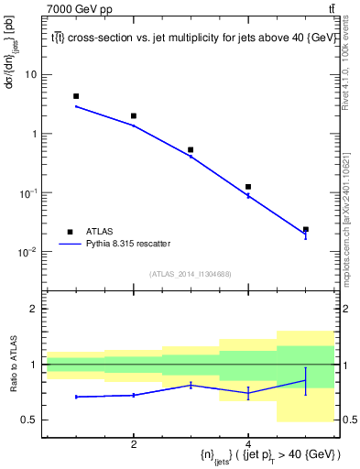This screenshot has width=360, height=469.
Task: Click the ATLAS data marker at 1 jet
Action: point(76,96)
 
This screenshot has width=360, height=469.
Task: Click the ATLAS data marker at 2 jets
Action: point(134,116)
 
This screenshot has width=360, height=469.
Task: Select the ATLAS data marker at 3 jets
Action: point(191,149)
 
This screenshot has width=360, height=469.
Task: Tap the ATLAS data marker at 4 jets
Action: point(248,187)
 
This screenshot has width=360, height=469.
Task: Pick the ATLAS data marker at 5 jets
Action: point(305,229)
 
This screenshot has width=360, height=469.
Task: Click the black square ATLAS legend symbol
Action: point(69,232)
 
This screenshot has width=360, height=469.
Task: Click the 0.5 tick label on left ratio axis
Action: point(31,420)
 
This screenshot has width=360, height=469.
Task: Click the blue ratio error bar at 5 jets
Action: point(305,380)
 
